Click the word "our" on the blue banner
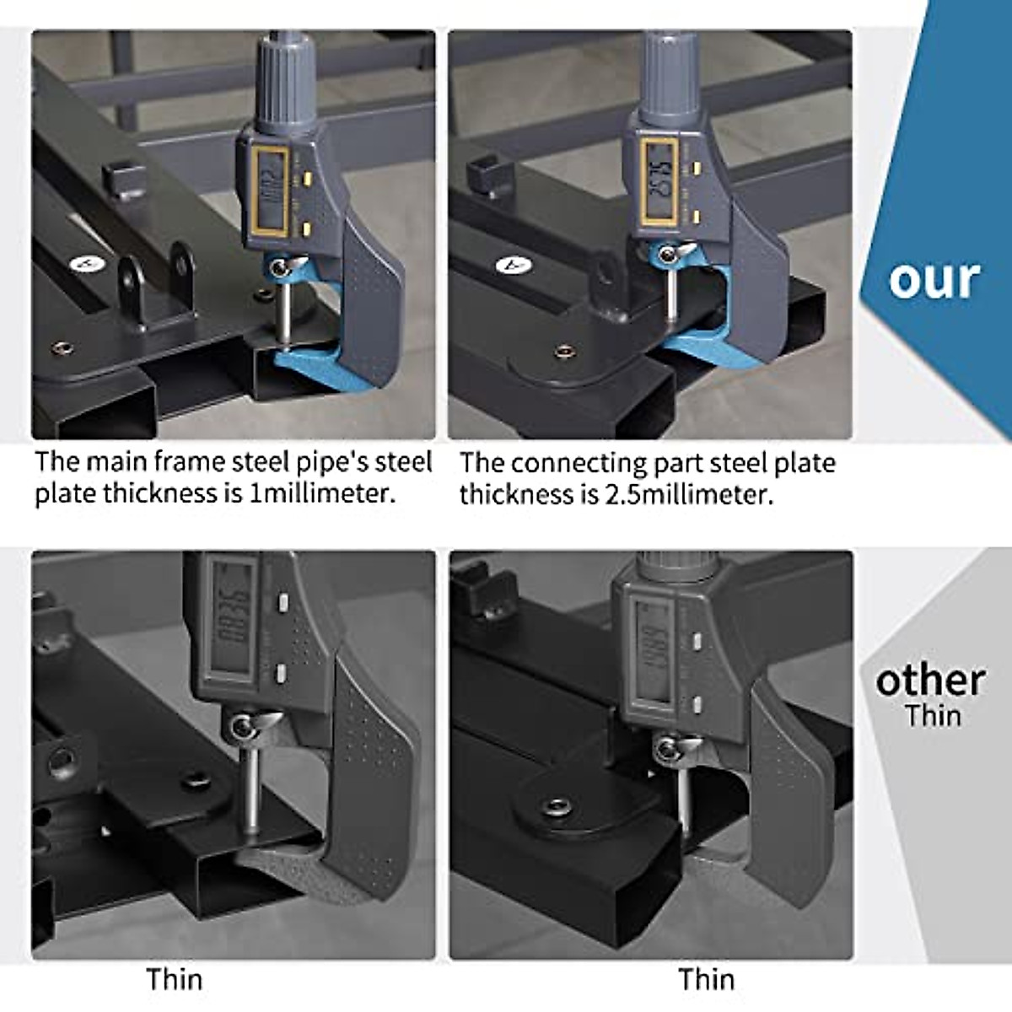click(934, 279)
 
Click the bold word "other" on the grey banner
click(930, 681)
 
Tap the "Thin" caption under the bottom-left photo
click(175, 979)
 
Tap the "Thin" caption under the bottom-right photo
click(706, 979)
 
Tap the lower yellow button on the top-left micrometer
click(307, 227)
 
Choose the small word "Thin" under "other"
click(933, 716)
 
